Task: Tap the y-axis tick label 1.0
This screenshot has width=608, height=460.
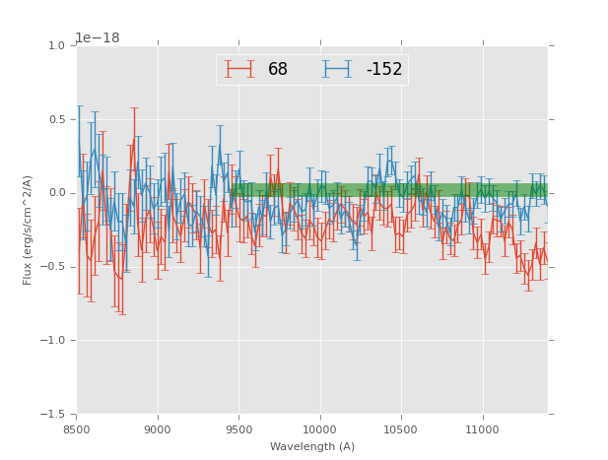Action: [x=57, y=46]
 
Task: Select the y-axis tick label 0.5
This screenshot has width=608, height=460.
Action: [x=57, y=120]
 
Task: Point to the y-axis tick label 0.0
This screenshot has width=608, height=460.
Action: [x=57, y=193]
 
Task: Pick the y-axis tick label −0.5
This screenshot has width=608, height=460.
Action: [x=54, y=267]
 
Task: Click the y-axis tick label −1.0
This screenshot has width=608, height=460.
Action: [x=54, y=341]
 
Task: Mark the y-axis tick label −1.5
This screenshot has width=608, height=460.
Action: [x=54, y=415]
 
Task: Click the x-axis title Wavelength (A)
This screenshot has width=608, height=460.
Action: [x=312, y=446]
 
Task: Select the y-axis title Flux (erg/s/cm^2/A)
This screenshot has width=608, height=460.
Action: [x=28, y=230]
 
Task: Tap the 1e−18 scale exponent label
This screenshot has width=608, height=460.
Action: [x=98, y=38]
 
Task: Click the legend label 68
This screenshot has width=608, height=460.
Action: [x=278, y=69]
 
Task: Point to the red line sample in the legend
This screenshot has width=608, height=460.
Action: [x=239, y=69]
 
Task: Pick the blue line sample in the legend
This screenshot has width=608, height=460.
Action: [x=338, y=69]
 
